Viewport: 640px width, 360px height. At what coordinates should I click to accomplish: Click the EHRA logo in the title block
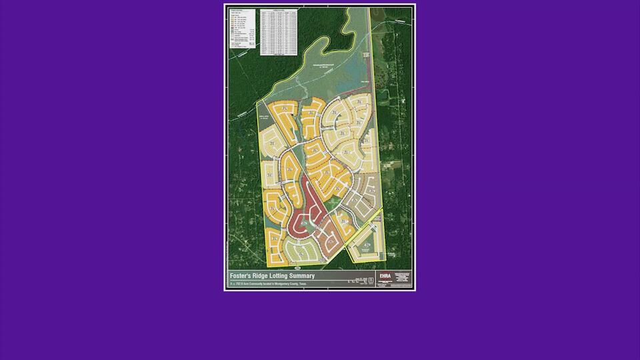click(385, 275)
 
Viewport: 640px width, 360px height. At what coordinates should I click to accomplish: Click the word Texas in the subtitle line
click(303, 284)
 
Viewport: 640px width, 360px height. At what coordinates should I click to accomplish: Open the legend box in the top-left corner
click(241, 29)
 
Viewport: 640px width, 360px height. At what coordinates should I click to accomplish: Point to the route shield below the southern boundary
click(298, 267)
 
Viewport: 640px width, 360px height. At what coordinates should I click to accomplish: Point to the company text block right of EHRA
click(402, 278)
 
